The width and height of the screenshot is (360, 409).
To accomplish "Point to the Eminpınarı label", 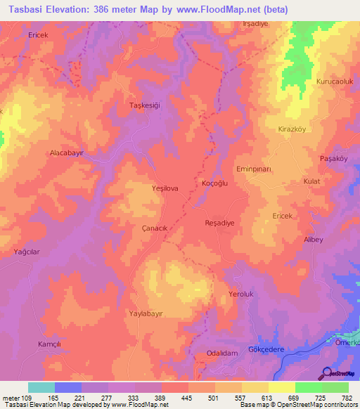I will coord(274,169).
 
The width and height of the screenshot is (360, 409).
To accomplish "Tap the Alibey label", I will coord(313,240).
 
